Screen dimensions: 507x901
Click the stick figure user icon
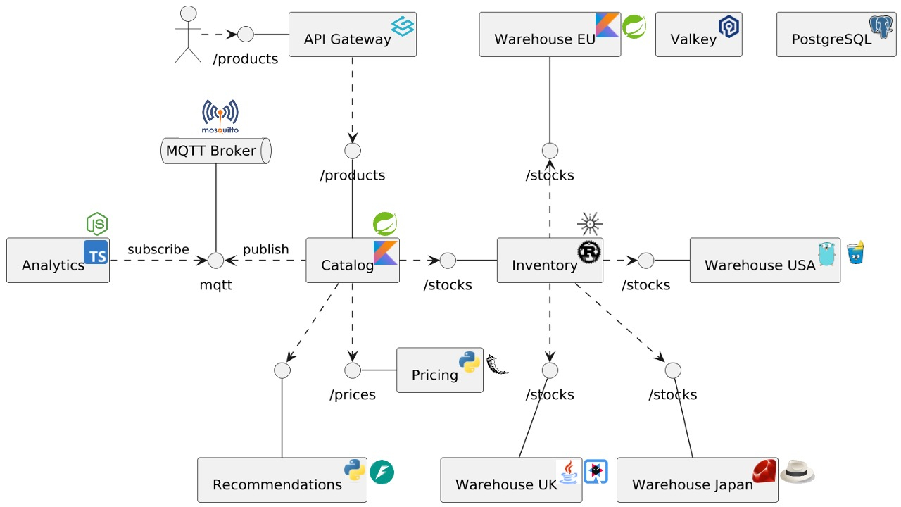pyautogui.click(x=188, y=34)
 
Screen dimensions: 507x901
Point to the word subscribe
pyautogui.click(x=158, y=249)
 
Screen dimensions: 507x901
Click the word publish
pyautogui.click(x=265, y=249)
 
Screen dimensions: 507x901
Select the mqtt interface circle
pyautogui.click(x=215, y=261)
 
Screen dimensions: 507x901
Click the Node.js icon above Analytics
pyautogui.click(x=97, y=224)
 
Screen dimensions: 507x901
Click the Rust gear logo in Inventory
pyautogui.click(x=589, y=251)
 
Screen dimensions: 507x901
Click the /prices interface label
pyautogui.click(x=352, y=394)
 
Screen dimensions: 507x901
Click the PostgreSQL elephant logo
pyautogui.click(x=881, y=27)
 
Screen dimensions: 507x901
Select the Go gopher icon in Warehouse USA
pyautogui.click(x=826, y=254)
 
